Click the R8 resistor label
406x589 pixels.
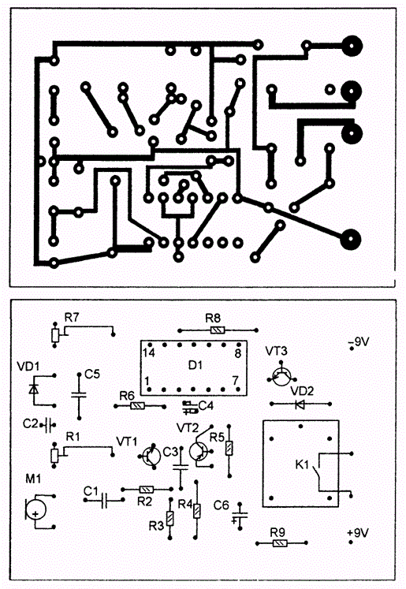tap(213, 319)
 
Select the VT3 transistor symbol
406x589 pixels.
tap(281, 376)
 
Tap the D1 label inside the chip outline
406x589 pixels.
tap(195, 365)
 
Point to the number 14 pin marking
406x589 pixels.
tap(149, 353)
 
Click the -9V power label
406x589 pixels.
tap(359, 342)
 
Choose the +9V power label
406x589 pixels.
tap(358, 533)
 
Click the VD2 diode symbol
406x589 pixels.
tap(300, 404)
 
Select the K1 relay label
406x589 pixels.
tap(302, 464)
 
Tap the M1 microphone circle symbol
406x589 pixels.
tap(35, 510)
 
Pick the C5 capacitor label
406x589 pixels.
tap(92, 374)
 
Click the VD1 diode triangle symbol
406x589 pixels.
tap(34, 389)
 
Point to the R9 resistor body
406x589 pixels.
tap(280, 543)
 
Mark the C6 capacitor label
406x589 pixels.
tap(221, 505)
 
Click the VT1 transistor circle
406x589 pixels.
tap(151, 456)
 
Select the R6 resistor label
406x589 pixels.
tap(127, 396)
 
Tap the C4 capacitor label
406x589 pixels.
tap(206, 406)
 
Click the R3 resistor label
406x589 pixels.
tap(156, 526)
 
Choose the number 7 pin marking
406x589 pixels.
tap(236, 381)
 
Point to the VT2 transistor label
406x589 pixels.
tap(188, 428)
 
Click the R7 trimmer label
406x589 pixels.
tap(72, 318)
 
